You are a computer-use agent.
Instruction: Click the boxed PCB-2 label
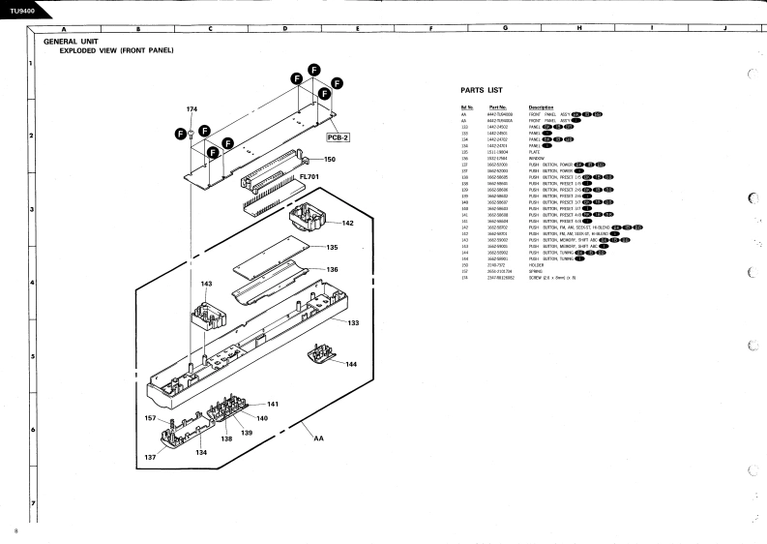coord(337,136)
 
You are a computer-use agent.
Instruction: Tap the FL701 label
coord(310,178)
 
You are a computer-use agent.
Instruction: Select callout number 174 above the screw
coord(192,108)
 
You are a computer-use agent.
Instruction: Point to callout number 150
coord(330,159)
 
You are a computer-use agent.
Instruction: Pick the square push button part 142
coord(308,223)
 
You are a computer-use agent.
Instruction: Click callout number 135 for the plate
coord(332,247)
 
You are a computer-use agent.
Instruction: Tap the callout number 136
coord(332,269)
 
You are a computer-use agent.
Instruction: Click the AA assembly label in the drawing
coord(319,438)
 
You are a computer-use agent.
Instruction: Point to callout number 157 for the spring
coord(151,418)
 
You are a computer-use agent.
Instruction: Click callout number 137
coord(151,456)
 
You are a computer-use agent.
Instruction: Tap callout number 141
coord(273,404)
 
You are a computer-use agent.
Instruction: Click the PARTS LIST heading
coord(481,90)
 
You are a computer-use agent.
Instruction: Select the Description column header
coord(542,106)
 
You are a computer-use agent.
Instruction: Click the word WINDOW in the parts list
coord(537,159)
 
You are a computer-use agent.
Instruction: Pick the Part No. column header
coord(498,106)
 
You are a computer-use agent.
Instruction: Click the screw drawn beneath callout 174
coord(192,132)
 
